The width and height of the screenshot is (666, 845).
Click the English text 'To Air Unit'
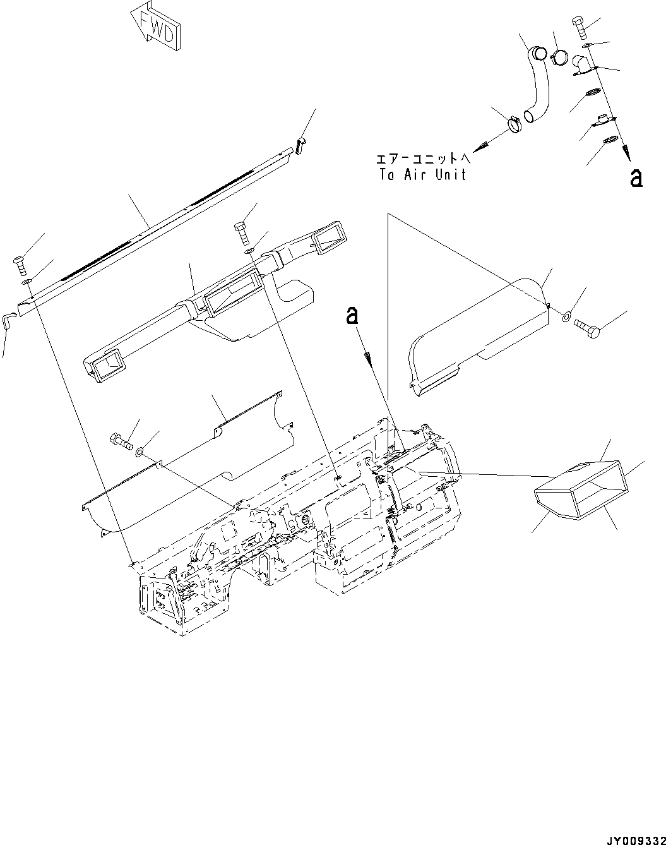[x=422, y=175]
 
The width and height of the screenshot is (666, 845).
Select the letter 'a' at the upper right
[x=636, y=178]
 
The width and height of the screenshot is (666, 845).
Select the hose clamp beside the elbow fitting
[x=559, y=59]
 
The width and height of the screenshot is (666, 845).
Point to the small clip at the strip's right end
[x=300, y=144]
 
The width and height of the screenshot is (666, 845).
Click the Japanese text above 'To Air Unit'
[x=422, y=159]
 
